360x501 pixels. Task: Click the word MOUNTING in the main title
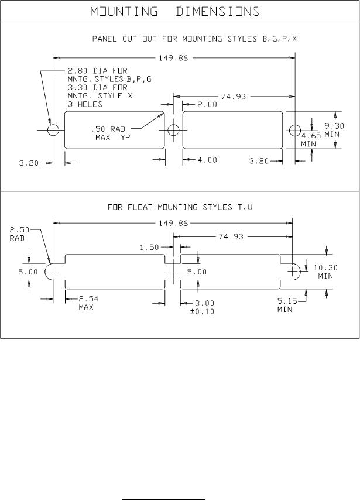click(x=124, y=12)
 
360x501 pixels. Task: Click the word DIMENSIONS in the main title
click(x=218, y=12)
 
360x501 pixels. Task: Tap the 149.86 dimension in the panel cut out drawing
click(x=173, y=58)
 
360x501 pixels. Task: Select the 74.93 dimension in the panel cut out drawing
click(x=234, y=97)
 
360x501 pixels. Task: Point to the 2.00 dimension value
click(x=207, y=105)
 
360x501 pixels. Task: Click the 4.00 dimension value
click(x=207, y=160)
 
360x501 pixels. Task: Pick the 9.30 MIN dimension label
click(x=334, y=130)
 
